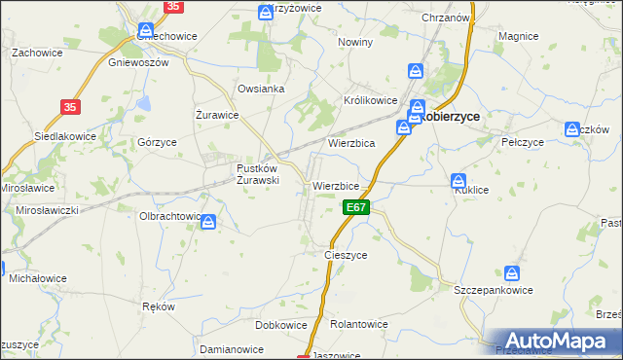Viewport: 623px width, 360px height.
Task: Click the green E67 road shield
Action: tap(356, 207)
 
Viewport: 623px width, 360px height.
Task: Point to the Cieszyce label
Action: tap(345, 255)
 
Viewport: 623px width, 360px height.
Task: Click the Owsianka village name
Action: tap(261, 89)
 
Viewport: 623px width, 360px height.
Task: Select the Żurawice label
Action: tap(217, 115)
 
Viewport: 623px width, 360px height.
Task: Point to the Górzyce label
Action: tap(157, 141)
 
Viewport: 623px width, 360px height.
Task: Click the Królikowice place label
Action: tap(371, 100)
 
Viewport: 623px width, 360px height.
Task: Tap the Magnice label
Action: tap(518, 36)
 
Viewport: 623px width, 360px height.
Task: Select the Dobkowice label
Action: tap(280, 325)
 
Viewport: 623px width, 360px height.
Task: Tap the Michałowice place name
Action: tap(37, 278)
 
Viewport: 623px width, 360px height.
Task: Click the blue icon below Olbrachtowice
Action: tap(208, 224)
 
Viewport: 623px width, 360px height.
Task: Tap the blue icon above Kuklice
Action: tap(458, 180)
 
